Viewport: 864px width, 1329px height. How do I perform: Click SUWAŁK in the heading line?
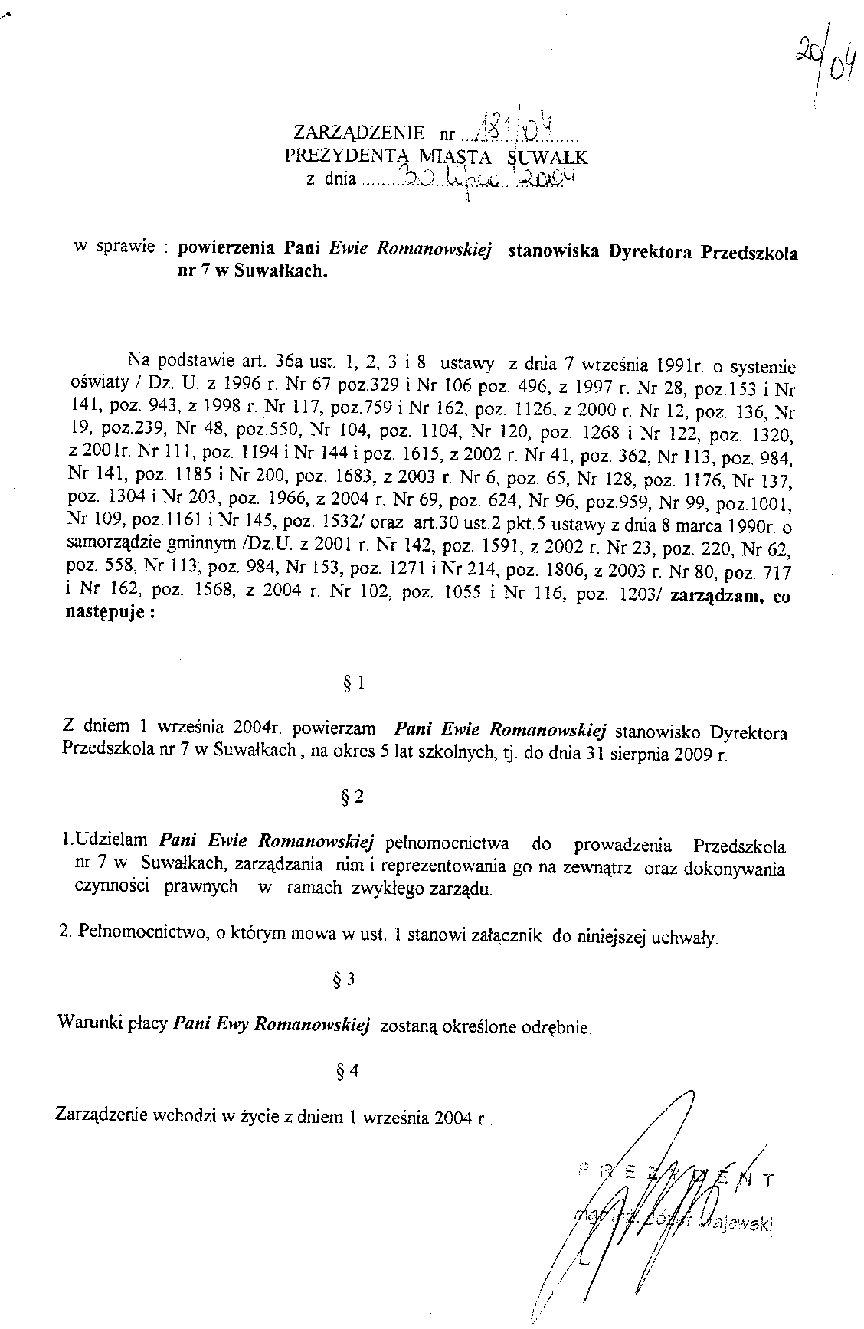coord(548,159)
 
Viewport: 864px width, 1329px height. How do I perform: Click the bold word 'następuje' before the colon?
coord(103,615)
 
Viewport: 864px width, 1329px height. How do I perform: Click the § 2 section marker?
coord(354,797)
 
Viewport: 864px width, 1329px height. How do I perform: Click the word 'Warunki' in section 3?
coord(85,1023)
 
